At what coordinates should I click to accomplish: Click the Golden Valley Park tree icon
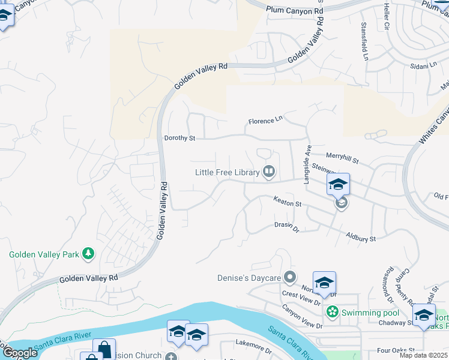(x=89, y=254)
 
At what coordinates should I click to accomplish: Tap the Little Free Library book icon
(x=269, y=173)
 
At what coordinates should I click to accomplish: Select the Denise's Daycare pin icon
(x=291, y=278)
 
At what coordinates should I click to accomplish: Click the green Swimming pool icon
(x=331, y=313)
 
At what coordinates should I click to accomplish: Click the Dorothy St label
(x=179, y=138)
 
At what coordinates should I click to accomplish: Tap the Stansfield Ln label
(x=364, y=42)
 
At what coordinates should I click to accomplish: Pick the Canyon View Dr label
(x=302, y=316)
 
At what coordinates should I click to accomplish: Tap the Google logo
(x=19, y=353)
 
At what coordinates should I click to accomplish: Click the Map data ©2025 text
(x=424, y=355)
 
